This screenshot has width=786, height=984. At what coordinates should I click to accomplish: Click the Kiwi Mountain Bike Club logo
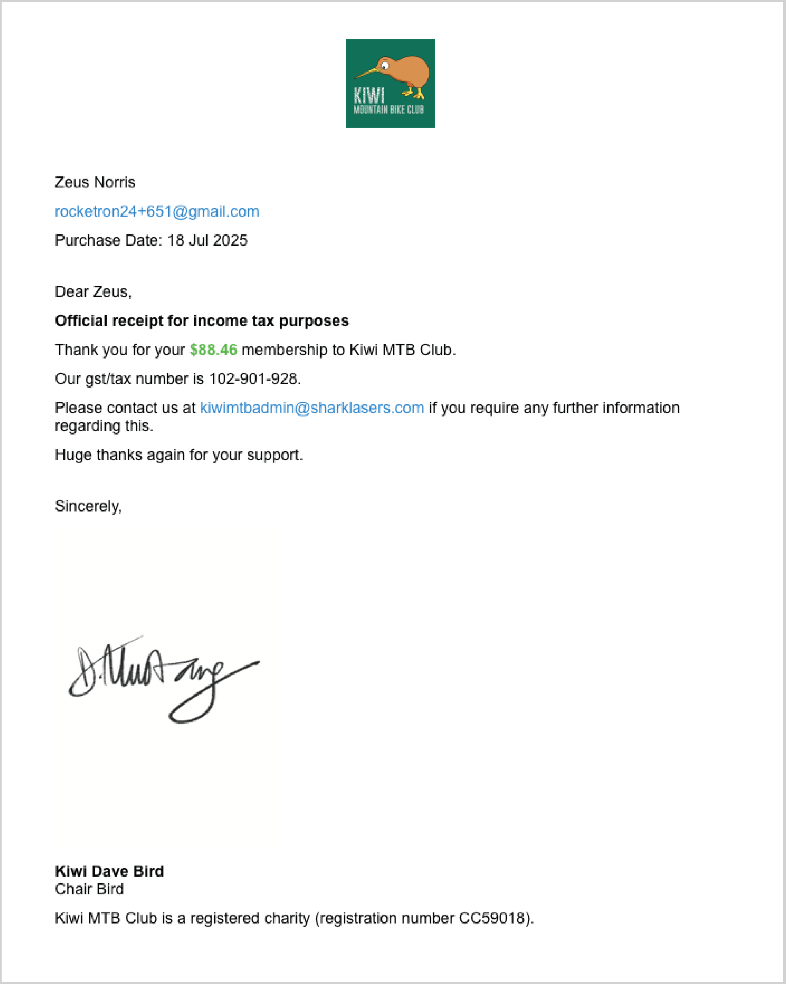pos(390,84)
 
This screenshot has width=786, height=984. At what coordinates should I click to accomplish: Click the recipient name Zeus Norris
pos(95,182)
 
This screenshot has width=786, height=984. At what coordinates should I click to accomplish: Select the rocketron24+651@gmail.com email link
pos(157,211)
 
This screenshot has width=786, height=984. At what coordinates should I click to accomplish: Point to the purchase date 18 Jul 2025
pos(207,240)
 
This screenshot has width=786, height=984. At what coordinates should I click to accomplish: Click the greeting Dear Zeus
pos(93,292)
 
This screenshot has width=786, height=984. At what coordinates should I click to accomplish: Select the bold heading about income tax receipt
pos(201,321)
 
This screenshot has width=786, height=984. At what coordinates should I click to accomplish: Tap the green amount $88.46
pos(213,350)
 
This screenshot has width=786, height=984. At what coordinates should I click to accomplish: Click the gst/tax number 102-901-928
pos(254,379)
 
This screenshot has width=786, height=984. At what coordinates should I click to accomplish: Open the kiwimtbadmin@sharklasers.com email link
pos(312,408)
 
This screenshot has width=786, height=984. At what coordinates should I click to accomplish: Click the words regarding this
pos(104,426)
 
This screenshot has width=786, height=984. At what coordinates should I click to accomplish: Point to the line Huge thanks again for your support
pos(178,455)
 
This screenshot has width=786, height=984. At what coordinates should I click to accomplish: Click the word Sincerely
pos(88,506)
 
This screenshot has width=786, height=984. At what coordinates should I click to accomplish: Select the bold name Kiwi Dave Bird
pos(109,871)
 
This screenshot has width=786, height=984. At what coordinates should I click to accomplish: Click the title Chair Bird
pos(89,889)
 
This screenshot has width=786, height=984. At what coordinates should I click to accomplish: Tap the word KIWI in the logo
pos(369,96)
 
